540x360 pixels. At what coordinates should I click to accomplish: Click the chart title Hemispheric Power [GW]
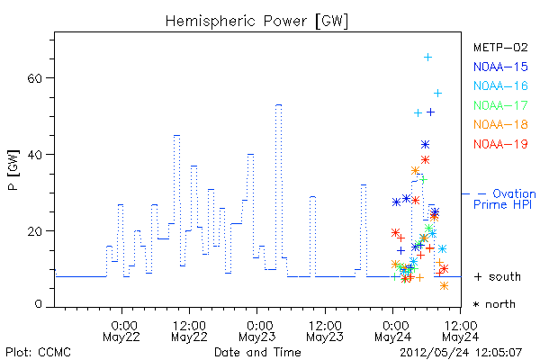256,22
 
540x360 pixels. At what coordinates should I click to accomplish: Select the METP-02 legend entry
500,48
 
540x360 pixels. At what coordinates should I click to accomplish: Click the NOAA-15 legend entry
500,67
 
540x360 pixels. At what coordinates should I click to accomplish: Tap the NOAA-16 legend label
500,85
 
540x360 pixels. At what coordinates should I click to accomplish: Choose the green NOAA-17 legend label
500,105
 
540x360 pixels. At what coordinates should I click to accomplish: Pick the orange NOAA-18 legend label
500,124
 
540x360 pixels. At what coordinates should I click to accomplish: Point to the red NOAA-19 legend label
500,144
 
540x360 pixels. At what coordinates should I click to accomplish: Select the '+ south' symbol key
498,276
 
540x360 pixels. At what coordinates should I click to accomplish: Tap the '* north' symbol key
494,304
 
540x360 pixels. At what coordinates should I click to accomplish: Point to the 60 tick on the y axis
34,78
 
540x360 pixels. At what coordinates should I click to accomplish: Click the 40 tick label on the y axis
34,155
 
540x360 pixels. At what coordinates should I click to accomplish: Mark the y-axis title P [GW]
13,170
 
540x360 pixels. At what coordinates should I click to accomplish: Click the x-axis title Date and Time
257,353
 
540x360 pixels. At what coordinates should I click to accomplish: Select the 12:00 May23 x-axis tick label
325,331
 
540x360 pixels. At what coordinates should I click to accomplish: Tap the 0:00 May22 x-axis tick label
121,331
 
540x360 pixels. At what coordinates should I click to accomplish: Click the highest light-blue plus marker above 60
427,58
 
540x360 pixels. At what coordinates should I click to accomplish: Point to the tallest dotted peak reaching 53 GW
279,104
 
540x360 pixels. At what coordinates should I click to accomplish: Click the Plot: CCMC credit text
38,353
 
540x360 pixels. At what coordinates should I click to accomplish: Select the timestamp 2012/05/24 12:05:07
461,353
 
